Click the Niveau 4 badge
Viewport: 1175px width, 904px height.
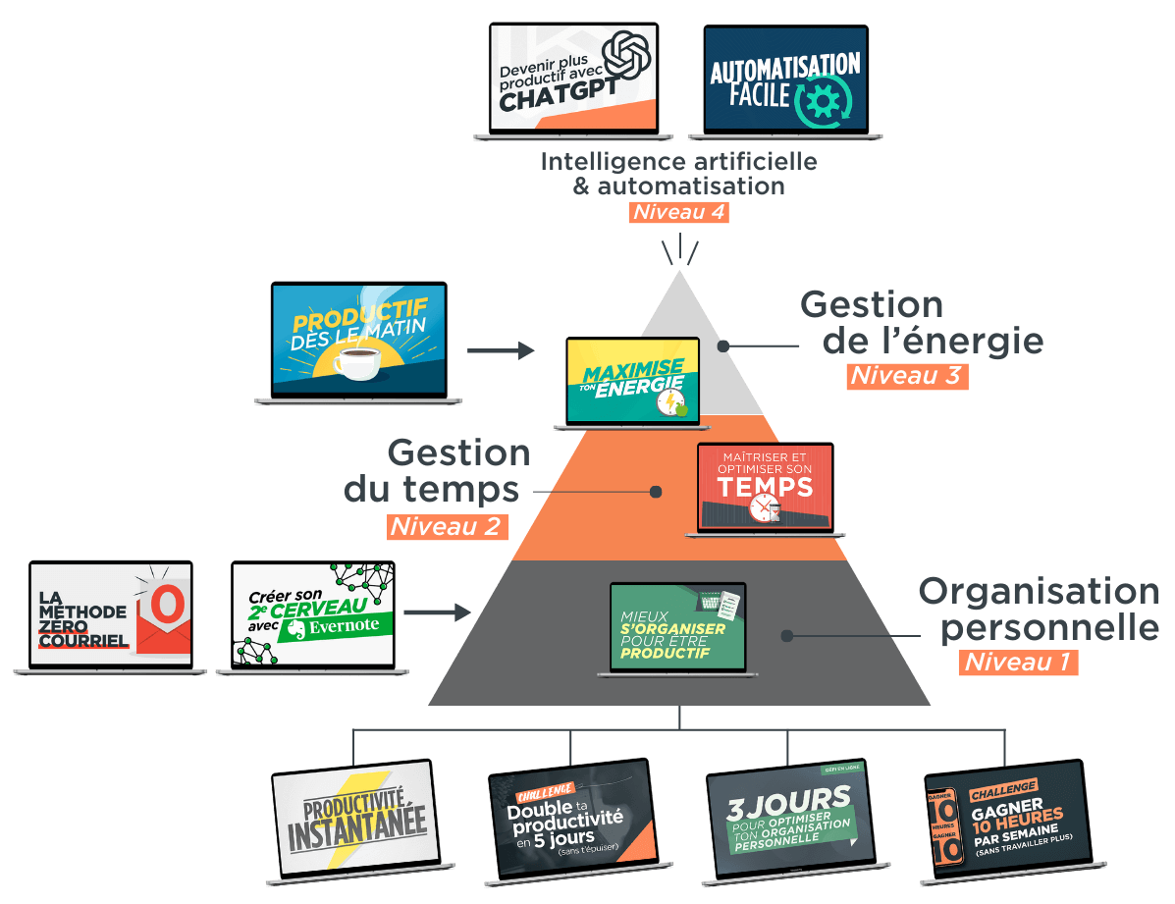679,212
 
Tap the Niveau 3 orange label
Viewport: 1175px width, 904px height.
907,375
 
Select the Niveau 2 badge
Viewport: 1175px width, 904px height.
448,526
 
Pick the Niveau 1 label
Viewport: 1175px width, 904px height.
1017,662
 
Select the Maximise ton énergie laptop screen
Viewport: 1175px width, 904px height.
633,380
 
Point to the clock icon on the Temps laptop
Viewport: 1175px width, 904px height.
763,506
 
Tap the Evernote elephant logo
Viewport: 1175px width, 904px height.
294,629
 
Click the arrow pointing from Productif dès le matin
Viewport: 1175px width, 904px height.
501,350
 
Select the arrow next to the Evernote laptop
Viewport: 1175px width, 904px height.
437,612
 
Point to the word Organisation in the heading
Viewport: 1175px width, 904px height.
1038,592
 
